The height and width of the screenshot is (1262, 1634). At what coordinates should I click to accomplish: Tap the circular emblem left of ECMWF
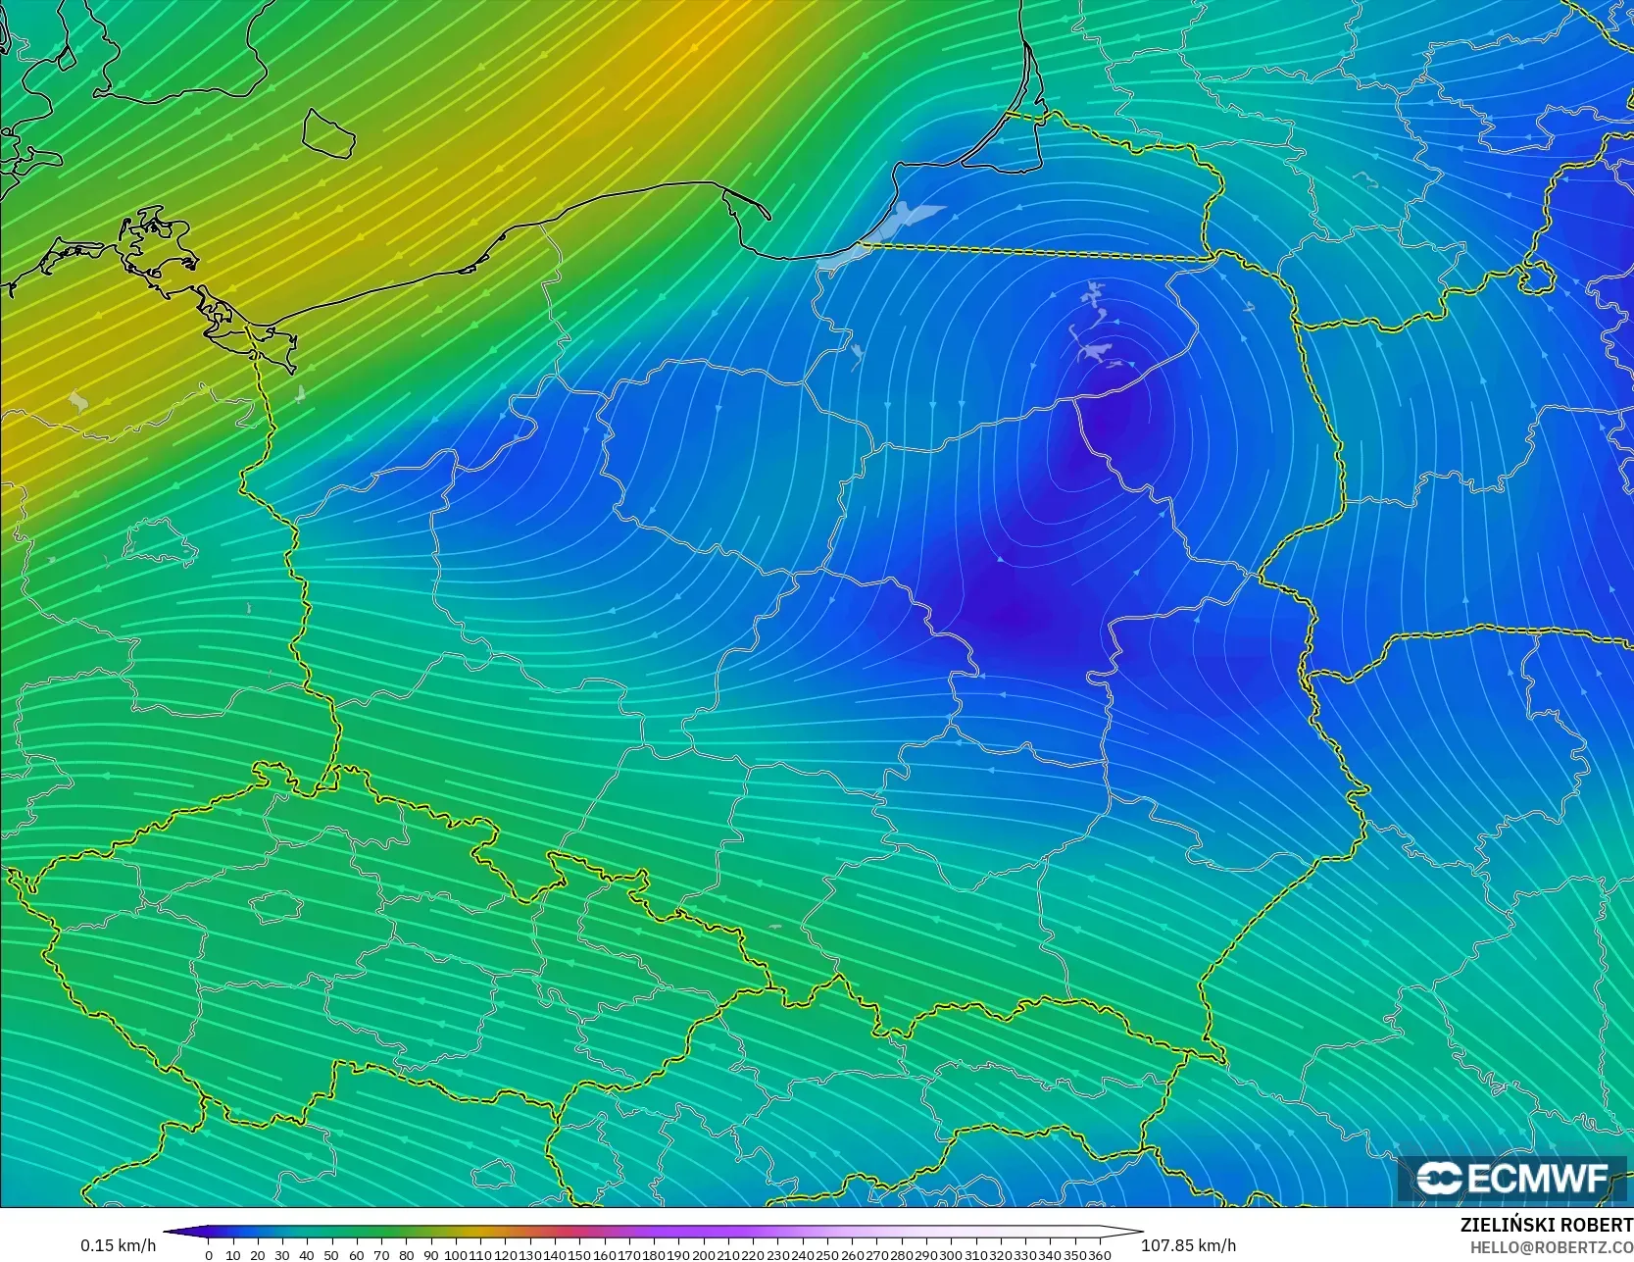click(1438, 1179)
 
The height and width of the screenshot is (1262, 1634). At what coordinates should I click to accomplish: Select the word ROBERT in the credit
click(1597, 1226)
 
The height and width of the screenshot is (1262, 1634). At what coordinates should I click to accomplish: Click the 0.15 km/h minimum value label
click(118, 1245)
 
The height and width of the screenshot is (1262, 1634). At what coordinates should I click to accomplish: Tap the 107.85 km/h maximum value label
click(1188, 1245)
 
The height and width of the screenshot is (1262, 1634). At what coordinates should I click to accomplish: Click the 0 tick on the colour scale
click(209, 1255)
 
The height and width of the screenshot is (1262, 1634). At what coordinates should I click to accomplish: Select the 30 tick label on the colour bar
click(282, 1255)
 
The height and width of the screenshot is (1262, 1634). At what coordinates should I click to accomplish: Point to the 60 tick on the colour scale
click(356, 1255)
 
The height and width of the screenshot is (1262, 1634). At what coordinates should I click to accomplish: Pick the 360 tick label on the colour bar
click(1099, 1255)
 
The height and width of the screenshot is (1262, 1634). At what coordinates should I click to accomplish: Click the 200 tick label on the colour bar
click(703, 1255)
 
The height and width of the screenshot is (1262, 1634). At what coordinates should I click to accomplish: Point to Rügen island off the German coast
click(157, 240)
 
